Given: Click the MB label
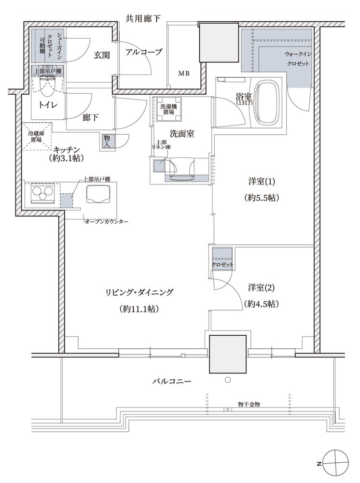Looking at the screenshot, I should (184, 74).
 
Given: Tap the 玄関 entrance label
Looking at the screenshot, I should (102, 55).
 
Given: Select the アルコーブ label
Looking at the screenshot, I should (144, 52).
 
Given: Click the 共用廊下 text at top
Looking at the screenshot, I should (143, 19).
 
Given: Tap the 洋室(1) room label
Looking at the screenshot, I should (262, 182).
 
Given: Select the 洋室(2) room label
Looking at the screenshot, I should (262, 287).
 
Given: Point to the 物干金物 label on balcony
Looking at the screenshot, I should (249, 404).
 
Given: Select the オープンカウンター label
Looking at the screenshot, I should (106, 221).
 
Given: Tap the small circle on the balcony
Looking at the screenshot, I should (228, 380).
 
